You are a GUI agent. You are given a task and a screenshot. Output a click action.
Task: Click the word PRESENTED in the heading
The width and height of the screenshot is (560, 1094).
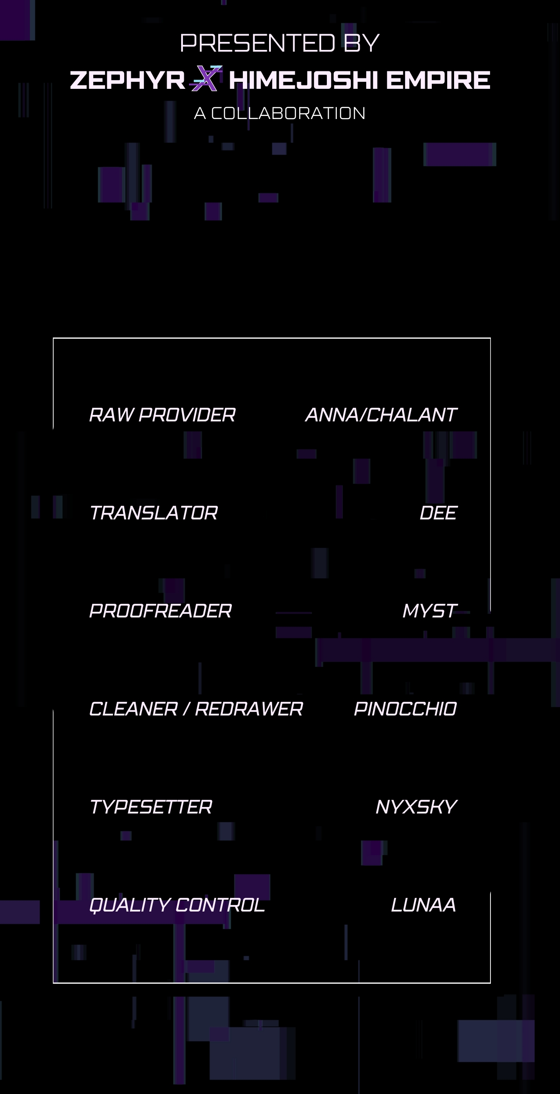pos(258,43)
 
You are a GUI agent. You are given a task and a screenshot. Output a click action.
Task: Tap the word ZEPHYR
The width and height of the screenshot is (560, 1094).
pos(127,81)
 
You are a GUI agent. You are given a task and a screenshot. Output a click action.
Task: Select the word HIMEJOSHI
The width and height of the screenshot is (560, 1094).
pos(303,81)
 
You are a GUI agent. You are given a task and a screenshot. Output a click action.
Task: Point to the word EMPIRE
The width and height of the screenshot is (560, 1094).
pos(437,81)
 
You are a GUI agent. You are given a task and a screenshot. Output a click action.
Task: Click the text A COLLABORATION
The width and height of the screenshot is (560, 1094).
pos(280,113)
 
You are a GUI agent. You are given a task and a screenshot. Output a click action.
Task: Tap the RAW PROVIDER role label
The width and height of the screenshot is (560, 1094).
pos(162,415)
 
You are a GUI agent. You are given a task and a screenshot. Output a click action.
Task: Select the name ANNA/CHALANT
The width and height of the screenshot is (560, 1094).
pos(381,415)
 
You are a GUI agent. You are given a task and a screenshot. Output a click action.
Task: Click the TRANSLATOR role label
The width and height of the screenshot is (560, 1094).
pos(153,513)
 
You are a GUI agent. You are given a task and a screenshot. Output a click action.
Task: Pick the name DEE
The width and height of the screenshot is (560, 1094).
pos(438,513)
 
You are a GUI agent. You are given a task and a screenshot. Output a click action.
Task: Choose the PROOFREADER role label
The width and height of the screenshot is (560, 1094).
pos(160,611)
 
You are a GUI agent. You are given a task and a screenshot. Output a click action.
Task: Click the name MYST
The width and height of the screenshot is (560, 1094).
pos(430,611)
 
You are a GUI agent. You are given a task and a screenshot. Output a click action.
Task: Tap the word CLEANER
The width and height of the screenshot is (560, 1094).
pos(133,709)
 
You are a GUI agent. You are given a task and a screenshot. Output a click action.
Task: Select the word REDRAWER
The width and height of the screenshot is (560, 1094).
pos(249,709)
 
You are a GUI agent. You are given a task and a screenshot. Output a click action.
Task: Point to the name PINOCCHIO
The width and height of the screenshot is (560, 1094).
pos(406,709)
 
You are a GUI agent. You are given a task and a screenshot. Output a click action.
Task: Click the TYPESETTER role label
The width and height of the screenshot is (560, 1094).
pos(150,807)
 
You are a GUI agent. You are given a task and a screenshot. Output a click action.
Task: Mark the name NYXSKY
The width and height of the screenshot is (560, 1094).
pos(416,807)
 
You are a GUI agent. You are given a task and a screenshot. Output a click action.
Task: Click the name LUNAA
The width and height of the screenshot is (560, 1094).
pos(423,905)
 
